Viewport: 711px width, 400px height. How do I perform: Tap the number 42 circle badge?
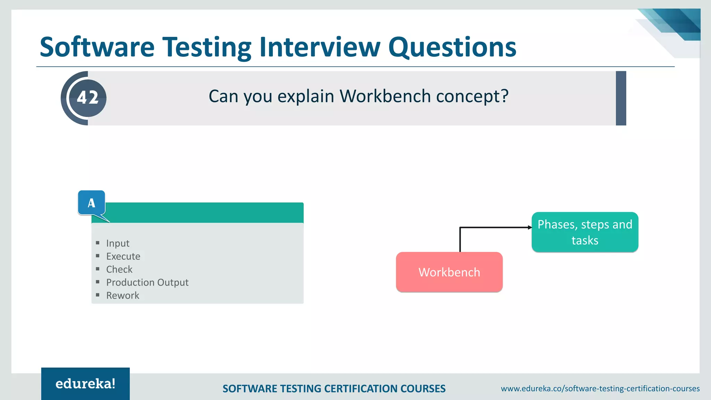[x=87, y=98]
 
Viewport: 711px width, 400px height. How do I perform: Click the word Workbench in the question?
[x=385, y=96]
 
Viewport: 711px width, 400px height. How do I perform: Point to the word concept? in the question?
[x=472, y=96]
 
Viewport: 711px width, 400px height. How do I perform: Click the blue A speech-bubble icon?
[x=91, y=203]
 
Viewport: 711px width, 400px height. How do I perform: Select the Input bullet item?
[x=118, y=243]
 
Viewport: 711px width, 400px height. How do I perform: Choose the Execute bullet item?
[x=123, y=256]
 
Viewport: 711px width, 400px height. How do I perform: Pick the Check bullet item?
[x=119, y=269]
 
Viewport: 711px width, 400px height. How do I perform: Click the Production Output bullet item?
[x=147, y=282]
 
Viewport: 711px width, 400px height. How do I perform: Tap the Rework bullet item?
[x=123, y=295]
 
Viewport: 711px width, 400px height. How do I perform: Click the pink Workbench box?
[x=449, y=272]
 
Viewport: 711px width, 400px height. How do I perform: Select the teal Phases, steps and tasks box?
[x=585, y=232]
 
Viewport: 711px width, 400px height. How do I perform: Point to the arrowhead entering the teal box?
[x=529, y=227]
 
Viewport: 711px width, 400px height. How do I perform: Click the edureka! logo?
[x=85, y=384]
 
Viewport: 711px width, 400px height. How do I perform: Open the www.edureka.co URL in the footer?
[x=600, y=389]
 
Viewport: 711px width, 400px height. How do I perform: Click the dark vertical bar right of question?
[x=621, y=98]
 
